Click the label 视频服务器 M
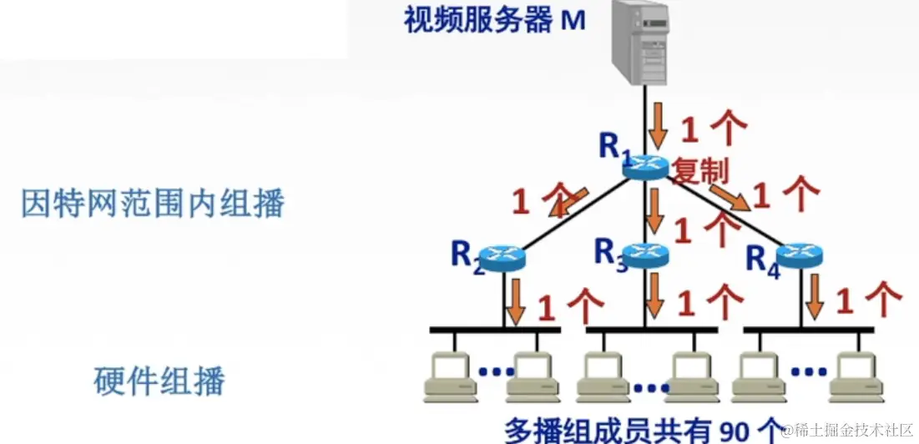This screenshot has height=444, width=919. pos(494,20)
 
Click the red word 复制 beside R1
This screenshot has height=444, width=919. pos(701,172)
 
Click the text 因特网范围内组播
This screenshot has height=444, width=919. pos(153,203)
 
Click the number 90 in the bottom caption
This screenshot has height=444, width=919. pos(728,430)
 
